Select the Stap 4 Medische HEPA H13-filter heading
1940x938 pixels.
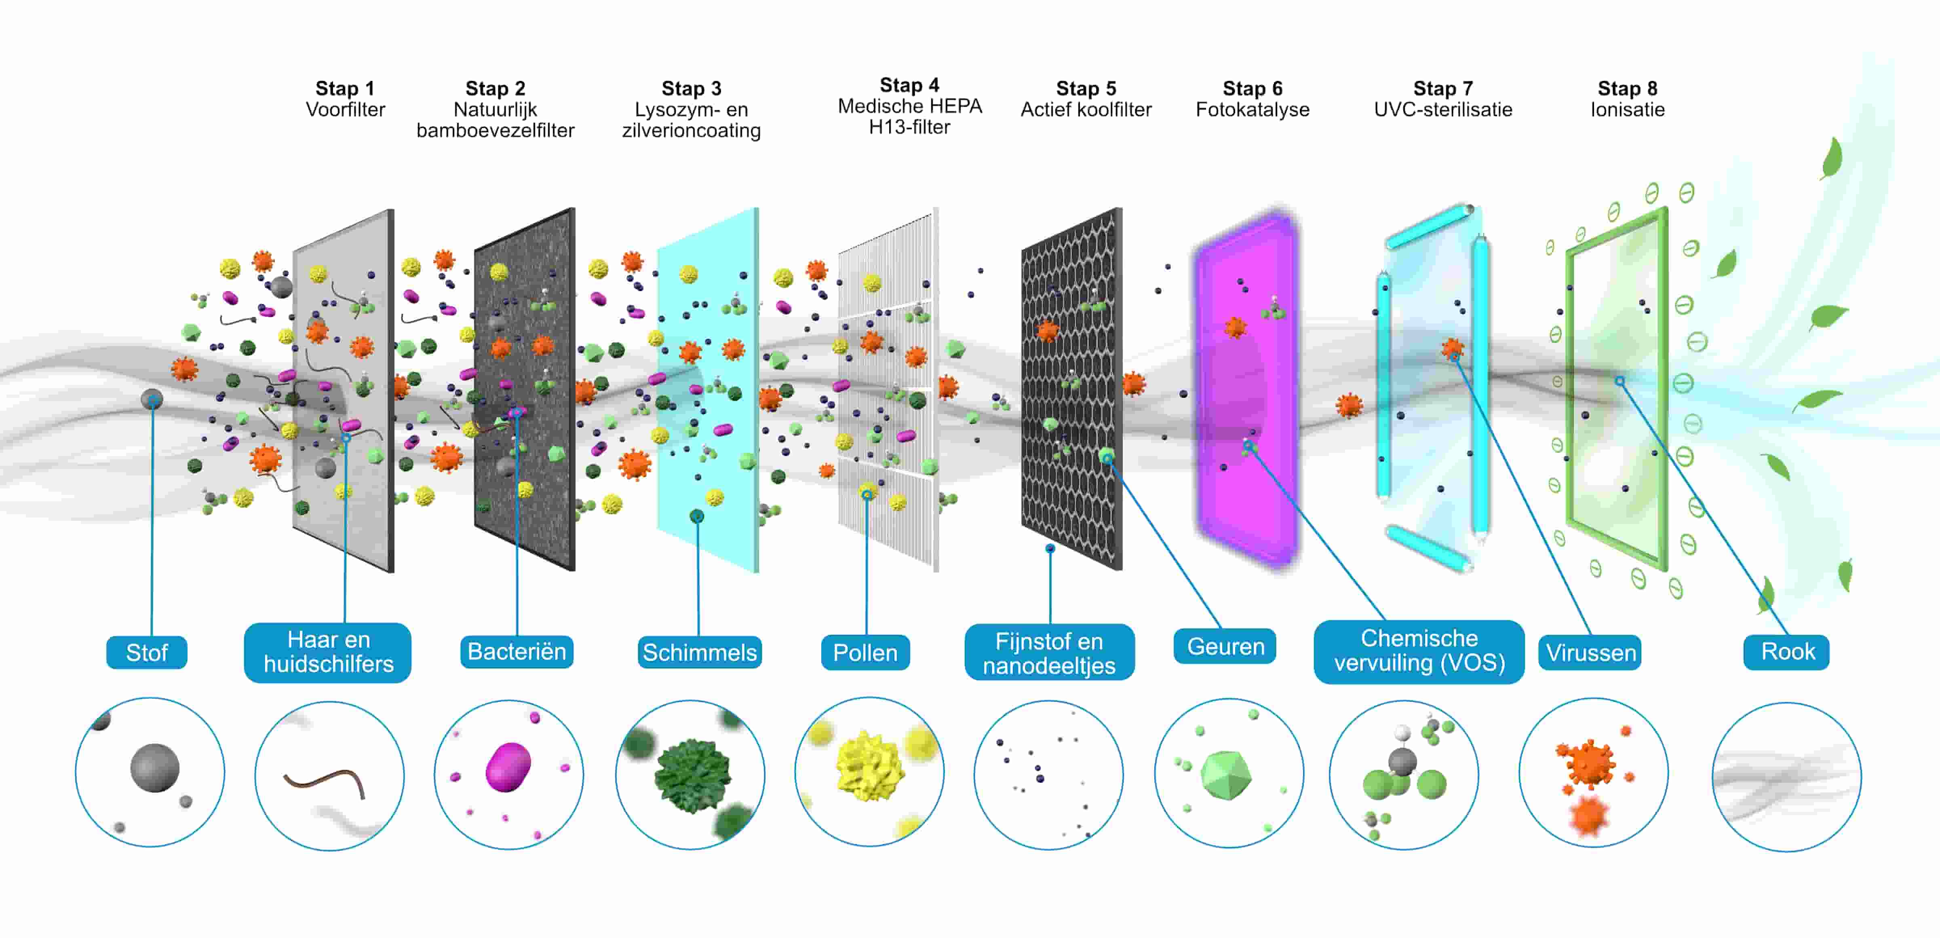[910, 106]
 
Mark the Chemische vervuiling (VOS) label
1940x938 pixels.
[1419, 651]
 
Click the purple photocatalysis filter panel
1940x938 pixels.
[1246, 392]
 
